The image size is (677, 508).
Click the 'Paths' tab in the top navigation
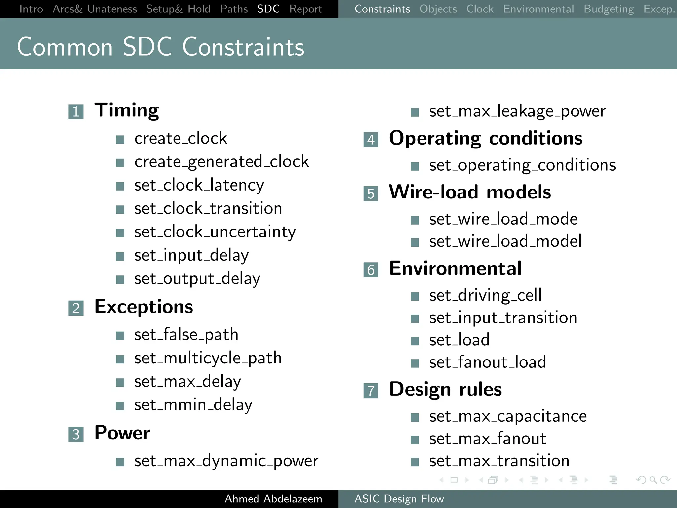(x=234, y=9)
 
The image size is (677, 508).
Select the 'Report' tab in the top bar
(x=305, y=9)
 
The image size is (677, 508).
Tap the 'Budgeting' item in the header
(x=609, y=9)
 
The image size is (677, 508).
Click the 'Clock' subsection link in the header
(x=480, y=9)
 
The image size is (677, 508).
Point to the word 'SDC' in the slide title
(x=147, y=47)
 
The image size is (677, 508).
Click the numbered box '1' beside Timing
(x=76, y=112)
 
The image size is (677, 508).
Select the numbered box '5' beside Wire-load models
(x=371, y=193)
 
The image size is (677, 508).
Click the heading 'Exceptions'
(x=143, y=307)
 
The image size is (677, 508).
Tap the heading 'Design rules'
(x=445, y=389)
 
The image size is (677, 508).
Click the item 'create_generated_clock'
(x=221, y=162)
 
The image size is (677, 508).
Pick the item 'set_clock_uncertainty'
(x=215, y=232)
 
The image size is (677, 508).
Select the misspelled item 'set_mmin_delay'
(x=193, y=405)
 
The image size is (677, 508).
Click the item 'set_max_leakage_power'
(x=517, y=111)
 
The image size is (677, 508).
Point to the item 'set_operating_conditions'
(x=522, y=165)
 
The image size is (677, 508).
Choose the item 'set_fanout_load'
(x=487, y=362)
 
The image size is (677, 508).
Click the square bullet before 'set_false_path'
(x=120, y=336)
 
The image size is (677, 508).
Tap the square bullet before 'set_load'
(x=415, y=341)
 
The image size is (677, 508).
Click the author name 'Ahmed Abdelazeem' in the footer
(x=273, y=499)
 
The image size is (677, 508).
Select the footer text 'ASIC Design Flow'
(x=399, y=499)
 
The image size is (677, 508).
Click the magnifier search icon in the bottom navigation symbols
(x=653, y=480)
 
